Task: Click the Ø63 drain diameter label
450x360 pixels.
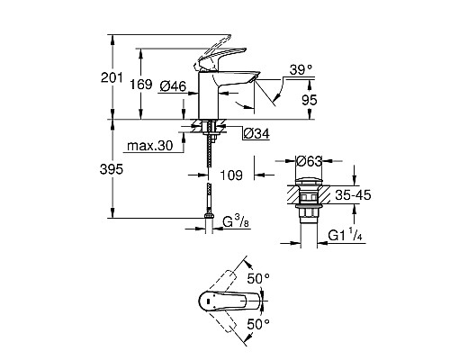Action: [309, 163]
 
